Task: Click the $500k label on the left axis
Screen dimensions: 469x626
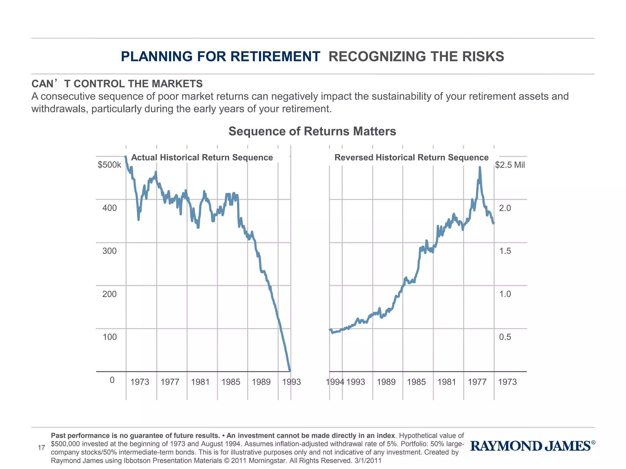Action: pos(109,165)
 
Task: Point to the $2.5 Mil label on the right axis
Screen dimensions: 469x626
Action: pos(510,165)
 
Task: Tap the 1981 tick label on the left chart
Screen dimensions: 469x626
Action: pos(200,382)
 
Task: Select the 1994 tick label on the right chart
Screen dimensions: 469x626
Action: pos(335,382)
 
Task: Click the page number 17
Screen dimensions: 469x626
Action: pos(41,448)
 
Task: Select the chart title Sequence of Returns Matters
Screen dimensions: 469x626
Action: pos(312,131)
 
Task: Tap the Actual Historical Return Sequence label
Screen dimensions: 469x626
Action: pos(202,158)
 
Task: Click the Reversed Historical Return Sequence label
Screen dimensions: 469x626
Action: pos(411,158)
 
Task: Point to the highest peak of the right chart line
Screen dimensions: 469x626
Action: pos(480,167)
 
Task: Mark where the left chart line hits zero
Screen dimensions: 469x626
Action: pos(290,371)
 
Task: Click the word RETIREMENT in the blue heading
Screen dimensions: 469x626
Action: pos(275,56)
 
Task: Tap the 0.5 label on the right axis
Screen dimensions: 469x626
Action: pos(505,337)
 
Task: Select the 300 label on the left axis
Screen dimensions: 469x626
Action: pos(109,251)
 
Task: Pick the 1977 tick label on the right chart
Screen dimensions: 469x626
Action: pos(477,382)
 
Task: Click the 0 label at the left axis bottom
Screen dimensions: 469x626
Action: pos(112,380)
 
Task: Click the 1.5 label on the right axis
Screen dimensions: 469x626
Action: pos(505,251)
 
